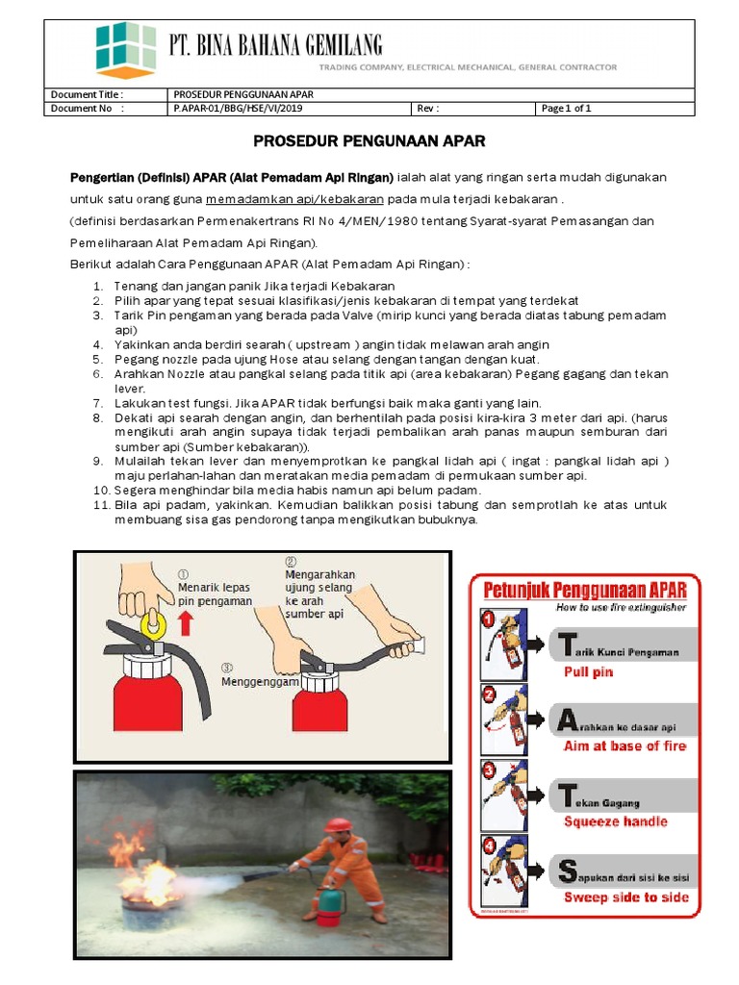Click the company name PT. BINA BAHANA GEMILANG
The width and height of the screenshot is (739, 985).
[275, 44]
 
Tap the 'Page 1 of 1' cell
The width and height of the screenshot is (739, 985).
[566, 109]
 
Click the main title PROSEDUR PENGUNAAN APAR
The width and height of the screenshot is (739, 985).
[369, 141]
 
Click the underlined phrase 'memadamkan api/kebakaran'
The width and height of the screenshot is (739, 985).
[294, 199]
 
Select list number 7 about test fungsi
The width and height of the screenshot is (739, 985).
[327, 402]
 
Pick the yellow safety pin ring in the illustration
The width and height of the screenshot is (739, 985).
[149, 624]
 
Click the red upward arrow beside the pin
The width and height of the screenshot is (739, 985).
[186, 622]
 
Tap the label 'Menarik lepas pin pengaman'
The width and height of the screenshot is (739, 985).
[215, 594]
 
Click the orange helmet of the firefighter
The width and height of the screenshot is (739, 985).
[337, 826]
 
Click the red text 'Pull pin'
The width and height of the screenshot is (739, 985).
[588, 671]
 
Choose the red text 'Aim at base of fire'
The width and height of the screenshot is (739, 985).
[624, 745]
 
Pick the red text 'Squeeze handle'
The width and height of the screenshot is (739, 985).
[615, 821]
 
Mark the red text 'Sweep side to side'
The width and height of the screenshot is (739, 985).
[625, 897]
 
